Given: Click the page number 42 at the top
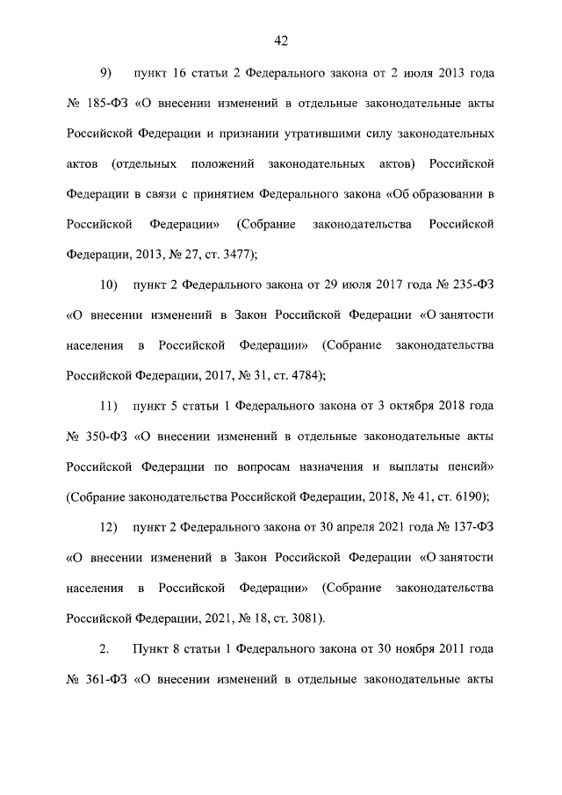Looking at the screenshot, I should click(x=281, y=40).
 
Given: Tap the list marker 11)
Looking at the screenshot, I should click(x=109, y=406).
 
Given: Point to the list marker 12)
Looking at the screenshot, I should click(x=109, y=527).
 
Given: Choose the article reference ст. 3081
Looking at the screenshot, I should click(x=299, y=618).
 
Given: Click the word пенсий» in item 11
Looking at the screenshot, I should click(x=470, y=466).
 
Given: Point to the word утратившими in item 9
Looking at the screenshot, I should click(x=324, y=134).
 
